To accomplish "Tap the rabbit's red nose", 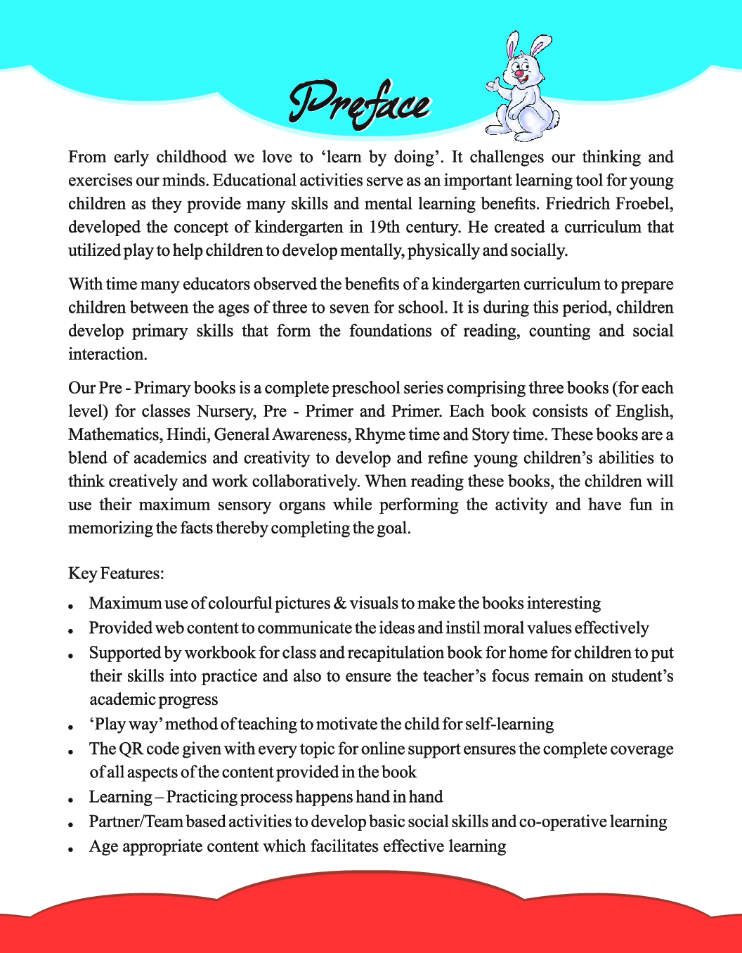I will tap(519, 73).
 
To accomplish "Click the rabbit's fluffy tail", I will tap(553, 117).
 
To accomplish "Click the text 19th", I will tap(384, 227).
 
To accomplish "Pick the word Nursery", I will tap(225, 411).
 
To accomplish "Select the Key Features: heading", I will tap(116, 573).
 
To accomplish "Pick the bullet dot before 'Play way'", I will tap(72, 727).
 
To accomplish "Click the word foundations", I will tap(390, 331).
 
